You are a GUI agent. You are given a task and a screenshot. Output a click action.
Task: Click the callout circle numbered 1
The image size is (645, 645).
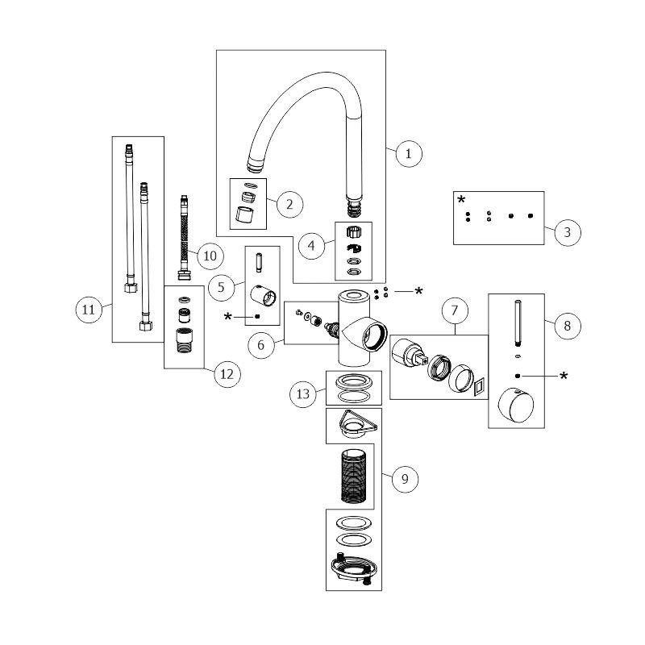[409, 153]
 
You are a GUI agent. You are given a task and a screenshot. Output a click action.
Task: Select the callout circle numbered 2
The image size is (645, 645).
[289, 204]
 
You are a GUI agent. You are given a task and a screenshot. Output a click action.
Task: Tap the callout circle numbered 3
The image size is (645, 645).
[568, 232]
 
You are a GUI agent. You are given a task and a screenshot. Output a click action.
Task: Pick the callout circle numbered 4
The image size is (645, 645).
[310, 245]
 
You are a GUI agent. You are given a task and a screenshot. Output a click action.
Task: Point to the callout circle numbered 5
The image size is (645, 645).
[219, 285]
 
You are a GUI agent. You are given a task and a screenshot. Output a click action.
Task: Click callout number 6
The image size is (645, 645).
[261, 344]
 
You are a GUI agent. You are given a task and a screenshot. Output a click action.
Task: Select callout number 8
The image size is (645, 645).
[568, 326]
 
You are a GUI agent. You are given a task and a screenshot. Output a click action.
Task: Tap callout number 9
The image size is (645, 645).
[405, 479]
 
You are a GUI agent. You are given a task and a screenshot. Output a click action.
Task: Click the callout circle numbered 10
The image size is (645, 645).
[209, 256]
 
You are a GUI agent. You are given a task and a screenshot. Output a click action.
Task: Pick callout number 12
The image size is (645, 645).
[227, 374]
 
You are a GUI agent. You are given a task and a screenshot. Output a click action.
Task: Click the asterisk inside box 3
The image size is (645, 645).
[462, 199]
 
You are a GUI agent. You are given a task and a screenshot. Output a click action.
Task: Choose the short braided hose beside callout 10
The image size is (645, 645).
[185, 237]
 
